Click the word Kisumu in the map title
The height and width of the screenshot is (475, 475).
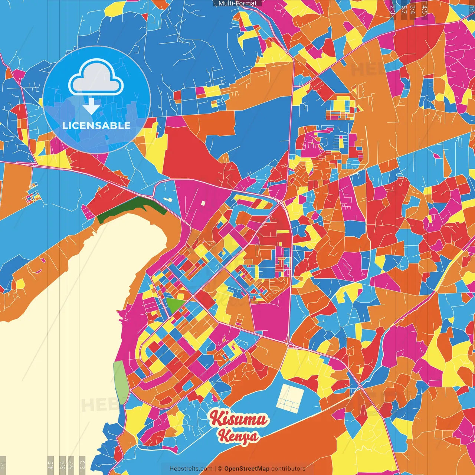pos(238,419)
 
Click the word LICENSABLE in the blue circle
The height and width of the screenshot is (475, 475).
pos(96,125)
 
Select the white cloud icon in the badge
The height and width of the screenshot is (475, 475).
pos(96,78)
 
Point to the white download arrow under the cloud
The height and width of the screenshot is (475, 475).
pos(91,106)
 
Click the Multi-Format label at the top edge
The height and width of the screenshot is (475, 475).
pos(237,3)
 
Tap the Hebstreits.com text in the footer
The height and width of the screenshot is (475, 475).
pos(191,469)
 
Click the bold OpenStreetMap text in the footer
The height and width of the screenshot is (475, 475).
pos(247,469)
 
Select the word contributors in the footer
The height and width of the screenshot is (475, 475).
pos(288,469)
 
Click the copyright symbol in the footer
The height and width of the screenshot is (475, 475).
pos(220,469)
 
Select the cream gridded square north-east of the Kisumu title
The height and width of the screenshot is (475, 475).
pos(291,398)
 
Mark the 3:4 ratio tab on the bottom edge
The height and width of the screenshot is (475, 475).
pos(62,465)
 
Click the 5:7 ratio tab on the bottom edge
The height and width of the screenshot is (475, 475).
pos(71,465)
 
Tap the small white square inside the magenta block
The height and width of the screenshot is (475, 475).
pos(203,203)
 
